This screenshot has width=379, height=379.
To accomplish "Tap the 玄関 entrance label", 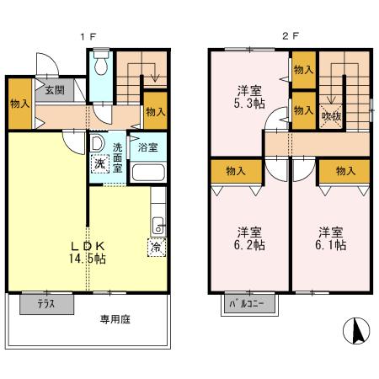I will coord(54,90).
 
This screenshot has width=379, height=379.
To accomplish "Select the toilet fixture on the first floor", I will coord(100,66).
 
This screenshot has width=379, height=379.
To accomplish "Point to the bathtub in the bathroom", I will coord(150,173).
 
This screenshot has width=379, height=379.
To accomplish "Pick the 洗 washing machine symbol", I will coord(100,165).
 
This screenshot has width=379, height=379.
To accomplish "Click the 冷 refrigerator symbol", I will coord(156,248).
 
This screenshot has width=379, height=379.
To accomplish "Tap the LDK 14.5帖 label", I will coord(88,253).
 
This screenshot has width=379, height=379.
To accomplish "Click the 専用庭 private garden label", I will coord(117,319).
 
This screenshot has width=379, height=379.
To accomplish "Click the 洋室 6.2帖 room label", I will coord(248,238).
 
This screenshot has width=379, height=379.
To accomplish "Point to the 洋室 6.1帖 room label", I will coord(331,238).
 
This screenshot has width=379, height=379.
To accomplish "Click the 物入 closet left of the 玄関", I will coord(20,104).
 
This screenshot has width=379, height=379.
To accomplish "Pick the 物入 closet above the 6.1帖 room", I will coord(344,171).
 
